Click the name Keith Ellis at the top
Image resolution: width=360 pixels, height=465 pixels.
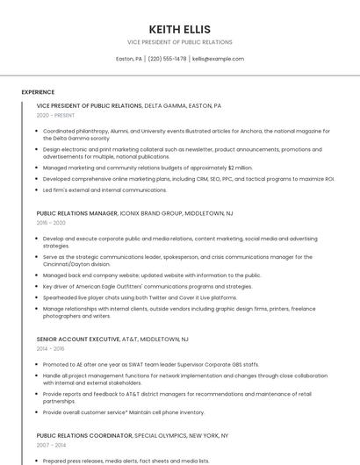(180, 29)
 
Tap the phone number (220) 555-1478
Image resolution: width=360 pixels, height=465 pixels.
(167, 59)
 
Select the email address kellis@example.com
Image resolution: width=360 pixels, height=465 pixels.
(218, 59)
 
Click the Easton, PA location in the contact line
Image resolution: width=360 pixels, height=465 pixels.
(129, 59)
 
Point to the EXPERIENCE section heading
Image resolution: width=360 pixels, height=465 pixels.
(38, 91)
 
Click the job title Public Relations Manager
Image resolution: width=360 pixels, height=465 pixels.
(77, 213)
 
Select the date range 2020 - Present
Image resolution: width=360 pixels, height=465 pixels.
(56, 115)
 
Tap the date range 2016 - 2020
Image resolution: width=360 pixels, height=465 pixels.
(51, 223)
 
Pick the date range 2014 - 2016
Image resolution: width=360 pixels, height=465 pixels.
(51, 348)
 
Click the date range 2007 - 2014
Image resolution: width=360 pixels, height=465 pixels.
(51, 445)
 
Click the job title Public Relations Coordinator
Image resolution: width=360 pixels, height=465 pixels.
(83, 435)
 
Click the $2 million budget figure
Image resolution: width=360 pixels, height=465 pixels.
(239, 167)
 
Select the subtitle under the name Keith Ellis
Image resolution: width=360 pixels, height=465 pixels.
(180, 42)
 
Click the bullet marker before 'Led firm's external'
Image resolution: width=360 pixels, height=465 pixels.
(37, 190)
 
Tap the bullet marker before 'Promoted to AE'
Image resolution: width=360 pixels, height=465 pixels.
(37, 364)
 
